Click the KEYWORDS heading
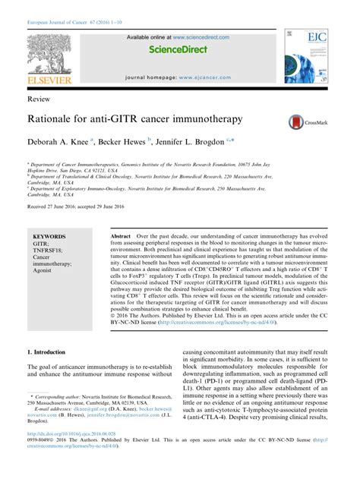tap(49, 236)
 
